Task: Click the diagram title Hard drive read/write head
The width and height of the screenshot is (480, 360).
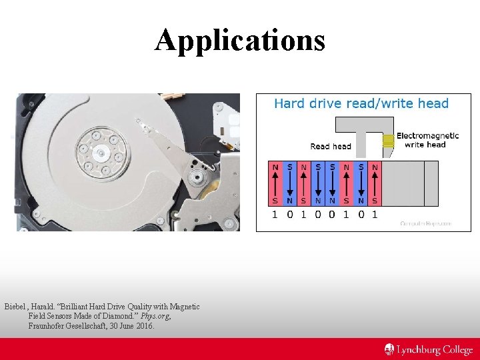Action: [x=361, y=103]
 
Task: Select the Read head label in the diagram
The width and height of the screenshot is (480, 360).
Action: [x=330, y=146]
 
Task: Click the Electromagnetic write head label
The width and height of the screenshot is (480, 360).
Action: [x=427, y=140]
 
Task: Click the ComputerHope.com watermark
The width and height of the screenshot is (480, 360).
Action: [x=427, y=223]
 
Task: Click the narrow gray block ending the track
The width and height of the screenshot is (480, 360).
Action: [x=431, y=183]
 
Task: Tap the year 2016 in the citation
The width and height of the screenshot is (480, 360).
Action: [x=145, y=326]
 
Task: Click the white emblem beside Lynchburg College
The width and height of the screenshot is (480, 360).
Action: [x=389, y=349]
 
